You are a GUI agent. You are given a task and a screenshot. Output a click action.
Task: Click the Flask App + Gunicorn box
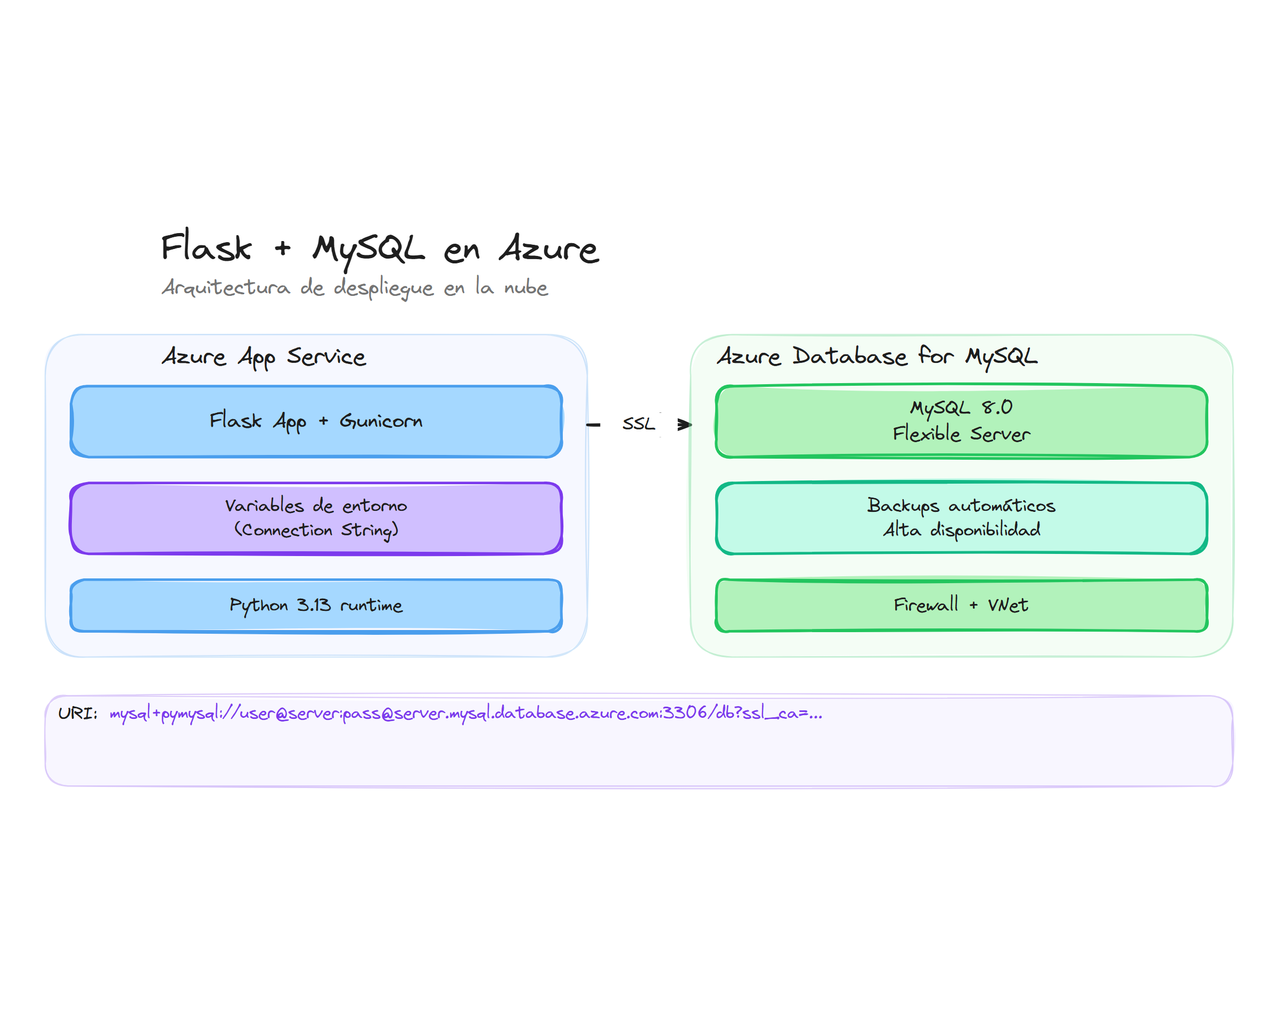coord(316,421)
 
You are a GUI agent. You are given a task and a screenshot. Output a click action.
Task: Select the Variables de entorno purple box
coord(316,518)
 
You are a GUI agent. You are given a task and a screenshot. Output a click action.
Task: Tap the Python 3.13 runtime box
coord(316,606)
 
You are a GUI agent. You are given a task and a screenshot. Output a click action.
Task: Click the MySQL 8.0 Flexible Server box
coord(961,421)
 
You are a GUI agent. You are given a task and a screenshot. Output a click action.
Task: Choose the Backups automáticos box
coord(961,518)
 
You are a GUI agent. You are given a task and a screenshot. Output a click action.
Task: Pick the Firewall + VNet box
coord(961,606)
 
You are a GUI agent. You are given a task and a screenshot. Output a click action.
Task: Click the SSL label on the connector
coord(638,424)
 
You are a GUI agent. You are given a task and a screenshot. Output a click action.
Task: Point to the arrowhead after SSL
coord(685,425)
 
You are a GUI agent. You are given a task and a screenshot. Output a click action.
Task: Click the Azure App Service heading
coord(264,357)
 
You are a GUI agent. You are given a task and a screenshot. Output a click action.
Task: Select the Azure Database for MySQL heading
coord(876,357)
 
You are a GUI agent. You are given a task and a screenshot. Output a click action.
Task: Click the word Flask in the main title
coord(206,247)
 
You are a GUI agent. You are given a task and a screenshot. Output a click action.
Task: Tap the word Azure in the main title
coord(548,248)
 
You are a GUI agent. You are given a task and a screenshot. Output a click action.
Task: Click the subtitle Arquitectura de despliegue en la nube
coord(354,288)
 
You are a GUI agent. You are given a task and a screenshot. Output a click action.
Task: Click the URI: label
coord(78,713)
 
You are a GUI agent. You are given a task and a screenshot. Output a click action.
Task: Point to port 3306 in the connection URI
coord(685,712)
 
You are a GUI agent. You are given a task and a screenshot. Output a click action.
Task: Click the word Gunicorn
coord(381,421)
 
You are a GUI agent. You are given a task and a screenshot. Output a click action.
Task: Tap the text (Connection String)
coord(316,530)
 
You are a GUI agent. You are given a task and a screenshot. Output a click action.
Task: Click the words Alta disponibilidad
coord(961,530)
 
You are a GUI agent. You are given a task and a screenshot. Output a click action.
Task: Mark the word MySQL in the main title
coord(368,248)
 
